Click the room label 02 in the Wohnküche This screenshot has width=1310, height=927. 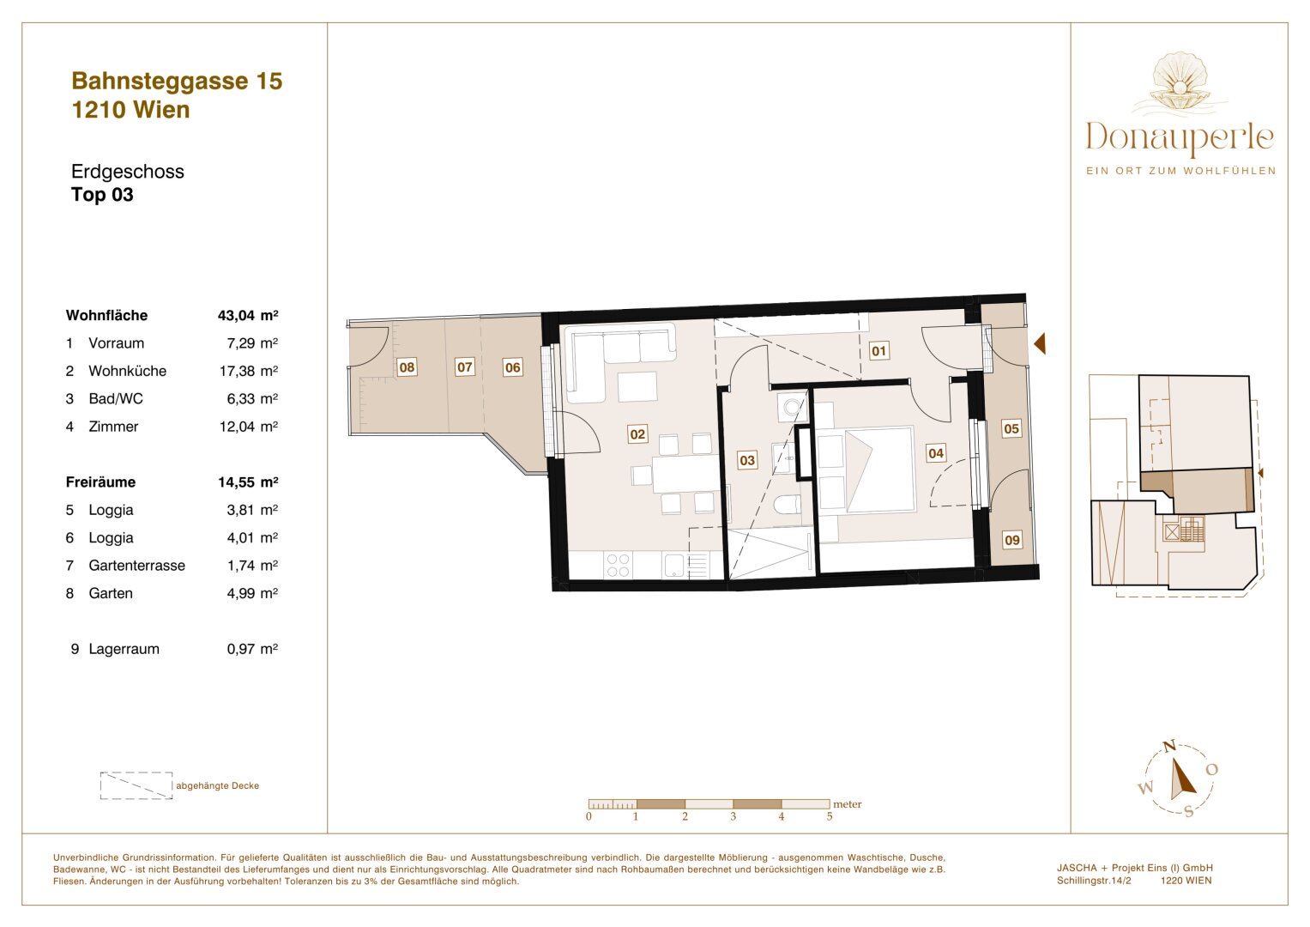click(637, 434)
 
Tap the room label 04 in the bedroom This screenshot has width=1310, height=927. click(936, 453)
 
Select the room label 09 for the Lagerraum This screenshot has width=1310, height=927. click(1012, 540)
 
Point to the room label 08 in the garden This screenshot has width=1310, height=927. click(407, 367)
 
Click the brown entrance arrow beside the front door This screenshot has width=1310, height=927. click(1040, 344)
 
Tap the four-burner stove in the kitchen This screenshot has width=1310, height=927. click(618, 565)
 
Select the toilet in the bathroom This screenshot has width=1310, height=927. click(787, 506)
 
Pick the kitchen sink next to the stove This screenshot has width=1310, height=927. click(674, 565)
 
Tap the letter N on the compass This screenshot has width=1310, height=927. click(1168, 747)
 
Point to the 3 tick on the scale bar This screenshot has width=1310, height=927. click(733, 816)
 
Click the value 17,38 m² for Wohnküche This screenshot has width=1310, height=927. click(248, 371)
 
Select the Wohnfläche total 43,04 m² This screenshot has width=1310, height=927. click(248, 315)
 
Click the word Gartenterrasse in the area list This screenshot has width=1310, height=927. click(136, 566)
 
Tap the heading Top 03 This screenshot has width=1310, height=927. click(102, 195)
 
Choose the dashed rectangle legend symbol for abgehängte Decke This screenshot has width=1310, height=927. click(136, 785)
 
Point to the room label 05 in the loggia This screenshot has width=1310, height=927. click(1011, 429)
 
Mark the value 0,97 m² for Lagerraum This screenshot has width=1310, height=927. click(251, 649)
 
